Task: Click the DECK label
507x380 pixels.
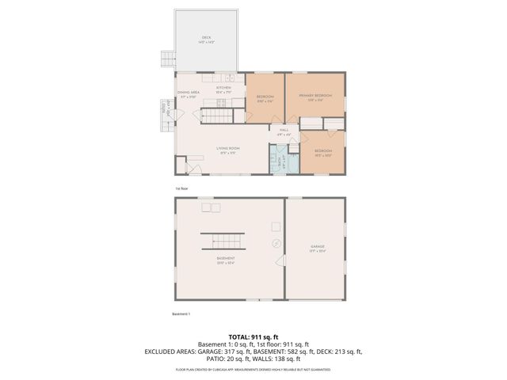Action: pyautogui.click(x=206, y=38)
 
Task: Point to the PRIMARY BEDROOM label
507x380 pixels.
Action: pyautogui.click(x=315, y=96)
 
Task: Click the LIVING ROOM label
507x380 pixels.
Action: pyautogui.click(x=228, y=149)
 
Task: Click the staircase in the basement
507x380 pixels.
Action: pyautogui.click(x=223, y=242)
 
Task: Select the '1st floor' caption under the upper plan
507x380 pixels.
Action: pyautogui.click(x=181, y=188)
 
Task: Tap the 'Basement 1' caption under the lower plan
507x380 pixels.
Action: pyautogui.click(x=181, y=313)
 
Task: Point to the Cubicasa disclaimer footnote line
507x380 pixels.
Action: pyautogui.click(x=253, y=369)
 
